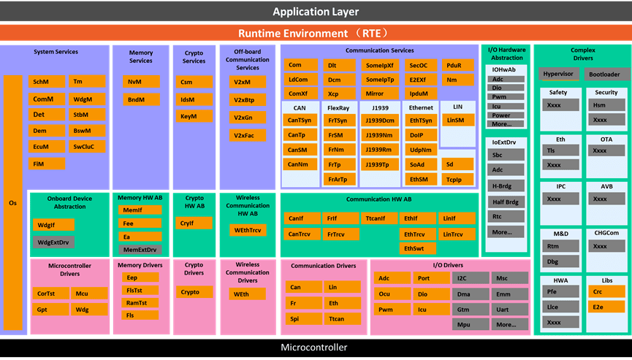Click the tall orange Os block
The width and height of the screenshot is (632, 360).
(13, 202)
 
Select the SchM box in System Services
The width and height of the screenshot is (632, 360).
(47, 81)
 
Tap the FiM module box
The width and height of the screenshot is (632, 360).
(47, 164)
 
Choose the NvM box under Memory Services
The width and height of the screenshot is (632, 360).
(141, 81)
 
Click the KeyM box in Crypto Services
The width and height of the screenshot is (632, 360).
(194, 116)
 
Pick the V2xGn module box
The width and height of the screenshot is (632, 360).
(248, 118)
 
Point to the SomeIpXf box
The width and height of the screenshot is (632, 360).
(380, 65)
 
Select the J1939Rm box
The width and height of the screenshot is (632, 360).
(380, 150)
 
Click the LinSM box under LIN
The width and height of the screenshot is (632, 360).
(458, 120)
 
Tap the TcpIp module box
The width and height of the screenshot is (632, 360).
(457, 180)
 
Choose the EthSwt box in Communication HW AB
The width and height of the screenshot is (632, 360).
(418, 248)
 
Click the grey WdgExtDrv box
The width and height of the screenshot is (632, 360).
(53, 242)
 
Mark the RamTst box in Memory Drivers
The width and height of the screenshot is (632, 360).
(140, 303)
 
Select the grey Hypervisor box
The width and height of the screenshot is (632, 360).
(559, 74)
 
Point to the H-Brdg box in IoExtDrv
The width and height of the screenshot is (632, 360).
(506, 185)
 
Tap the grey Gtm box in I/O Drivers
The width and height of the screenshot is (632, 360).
(471, 310)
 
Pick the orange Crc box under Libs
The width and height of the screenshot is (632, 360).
(606, 291)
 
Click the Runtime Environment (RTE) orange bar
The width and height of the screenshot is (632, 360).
(316, 33)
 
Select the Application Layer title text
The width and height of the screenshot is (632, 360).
(316, 12)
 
